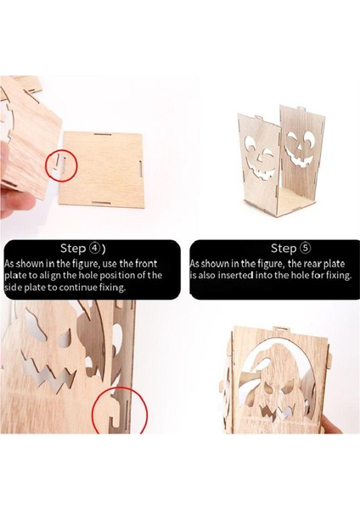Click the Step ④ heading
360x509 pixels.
83,249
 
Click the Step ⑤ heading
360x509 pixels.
290,249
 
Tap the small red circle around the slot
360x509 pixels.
61,165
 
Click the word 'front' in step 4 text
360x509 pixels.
146,263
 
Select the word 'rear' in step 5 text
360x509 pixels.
312,264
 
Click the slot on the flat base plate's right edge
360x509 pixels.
140,169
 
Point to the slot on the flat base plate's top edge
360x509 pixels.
103,134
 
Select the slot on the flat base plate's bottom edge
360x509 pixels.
102,203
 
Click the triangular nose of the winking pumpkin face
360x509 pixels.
259,159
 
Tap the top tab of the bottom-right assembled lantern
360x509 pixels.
279,328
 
